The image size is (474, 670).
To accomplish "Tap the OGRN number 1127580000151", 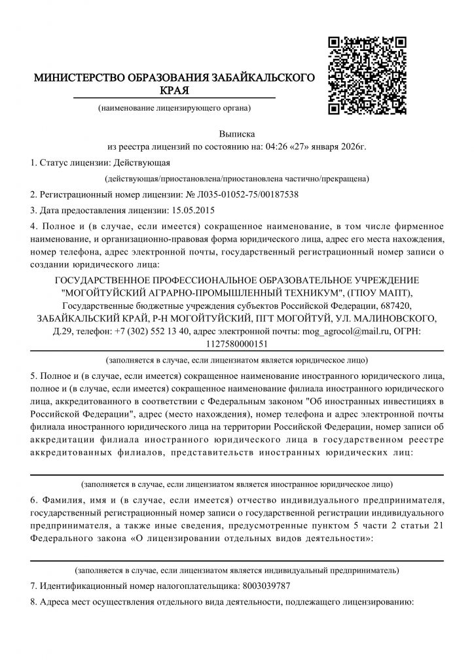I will [x=236, y=343].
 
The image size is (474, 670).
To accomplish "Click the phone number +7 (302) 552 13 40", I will [x=152, y=331].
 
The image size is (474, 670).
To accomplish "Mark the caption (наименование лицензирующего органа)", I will [x=173, y=107].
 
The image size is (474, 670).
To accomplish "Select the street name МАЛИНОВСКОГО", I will [x=399, y=318].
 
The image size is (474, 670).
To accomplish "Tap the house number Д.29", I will [x=64, y=331].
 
